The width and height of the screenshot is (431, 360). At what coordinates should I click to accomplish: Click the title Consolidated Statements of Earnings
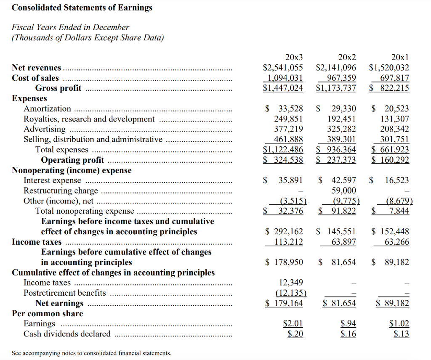(x=82, y=8)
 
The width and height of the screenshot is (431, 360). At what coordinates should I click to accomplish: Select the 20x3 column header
(x=294, y=57)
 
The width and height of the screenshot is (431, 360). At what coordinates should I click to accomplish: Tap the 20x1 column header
(x=400, y=57)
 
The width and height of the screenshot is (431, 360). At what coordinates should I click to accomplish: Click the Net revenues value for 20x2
(x=336, y=67)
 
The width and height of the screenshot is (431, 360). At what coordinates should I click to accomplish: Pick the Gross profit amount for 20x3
(x=283, y=88)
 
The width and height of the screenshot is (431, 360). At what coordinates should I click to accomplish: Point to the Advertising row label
(x=45, y=129)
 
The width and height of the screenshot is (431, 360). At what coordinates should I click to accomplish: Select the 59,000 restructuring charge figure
(x=344, y=191)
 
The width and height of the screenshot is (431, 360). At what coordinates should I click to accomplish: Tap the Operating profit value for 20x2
(x=336, y=160)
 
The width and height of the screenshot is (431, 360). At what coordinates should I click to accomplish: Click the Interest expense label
(x=52, y=180)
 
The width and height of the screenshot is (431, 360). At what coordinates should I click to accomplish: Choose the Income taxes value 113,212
(x=286, y=242)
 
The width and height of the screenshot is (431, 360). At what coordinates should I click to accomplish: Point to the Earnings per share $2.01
(x=293, y=324)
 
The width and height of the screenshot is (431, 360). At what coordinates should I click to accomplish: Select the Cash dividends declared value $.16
(x=347, y=334)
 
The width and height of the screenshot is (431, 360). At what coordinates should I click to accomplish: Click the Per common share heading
(x=48, y=313)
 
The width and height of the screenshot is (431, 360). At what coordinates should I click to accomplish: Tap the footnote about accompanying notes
(x=91, y=353)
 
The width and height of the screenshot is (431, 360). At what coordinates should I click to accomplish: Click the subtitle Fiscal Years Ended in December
(x=70, y=27)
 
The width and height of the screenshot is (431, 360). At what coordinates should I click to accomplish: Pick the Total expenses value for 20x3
(x=283, y=150)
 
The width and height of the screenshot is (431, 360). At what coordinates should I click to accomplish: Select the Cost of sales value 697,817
(x=394, y=78)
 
